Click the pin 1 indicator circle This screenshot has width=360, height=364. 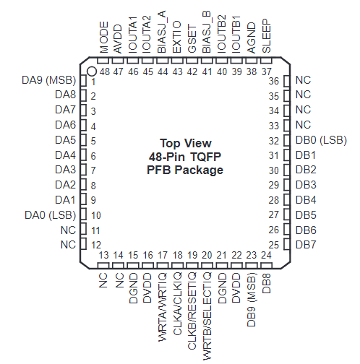pos(92,71)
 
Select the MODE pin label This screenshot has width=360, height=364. pos(104,38)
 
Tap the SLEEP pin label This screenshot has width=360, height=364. pos(267,36)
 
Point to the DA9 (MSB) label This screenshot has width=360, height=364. pos(49,80)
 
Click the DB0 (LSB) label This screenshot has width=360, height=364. pos(321,140)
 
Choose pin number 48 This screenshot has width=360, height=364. pos(105,71)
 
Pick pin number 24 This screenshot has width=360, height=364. pos(266,255)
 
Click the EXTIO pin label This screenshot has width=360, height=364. pos(177,37)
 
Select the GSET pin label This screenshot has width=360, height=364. pos(192,38)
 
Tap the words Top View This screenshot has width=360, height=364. pos(186,144)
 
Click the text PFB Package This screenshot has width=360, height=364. pos(185,170)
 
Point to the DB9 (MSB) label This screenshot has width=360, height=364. pos(252,300)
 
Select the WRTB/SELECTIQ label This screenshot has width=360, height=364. pos(207,316)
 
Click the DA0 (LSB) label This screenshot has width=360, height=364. pos(51,215)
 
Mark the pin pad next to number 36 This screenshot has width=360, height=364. pos(287,81)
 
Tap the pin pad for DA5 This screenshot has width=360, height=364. pos(83,140)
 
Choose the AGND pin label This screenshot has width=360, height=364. pos(252,38)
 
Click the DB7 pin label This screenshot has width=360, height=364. pos(306,245)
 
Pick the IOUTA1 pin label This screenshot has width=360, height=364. pos(133,35)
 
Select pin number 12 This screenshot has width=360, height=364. pos(96,245)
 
